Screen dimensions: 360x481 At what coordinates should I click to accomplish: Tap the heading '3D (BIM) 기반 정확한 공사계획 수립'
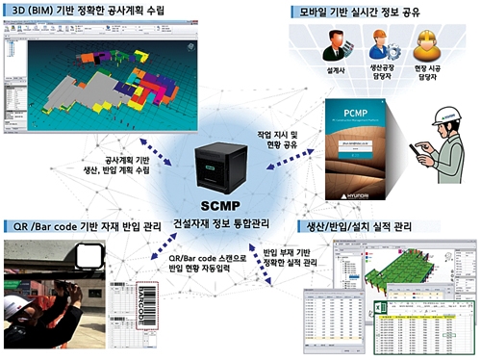[88, 10]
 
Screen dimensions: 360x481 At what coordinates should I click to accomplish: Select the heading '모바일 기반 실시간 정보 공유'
[369, 11]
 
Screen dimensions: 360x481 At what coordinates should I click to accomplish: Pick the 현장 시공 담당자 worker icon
[425, 47]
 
